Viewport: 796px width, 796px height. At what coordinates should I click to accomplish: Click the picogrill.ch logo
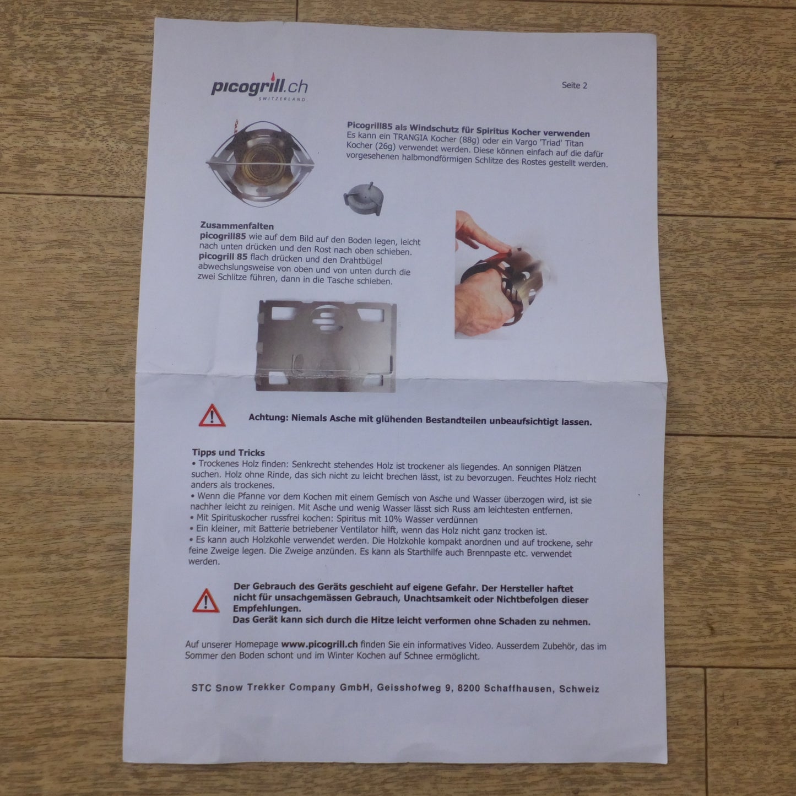tap(259, 87)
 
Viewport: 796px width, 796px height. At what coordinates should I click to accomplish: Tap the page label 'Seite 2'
tap(574, 85)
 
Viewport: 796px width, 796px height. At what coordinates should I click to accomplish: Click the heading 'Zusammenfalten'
tap(237, 226)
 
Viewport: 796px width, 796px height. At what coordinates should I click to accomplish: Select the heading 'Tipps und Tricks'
tap(228, 452)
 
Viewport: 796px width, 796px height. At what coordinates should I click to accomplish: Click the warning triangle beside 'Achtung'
tap(212, 415)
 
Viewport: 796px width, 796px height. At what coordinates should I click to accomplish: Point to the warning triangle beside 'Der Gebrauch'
tap(205, 600)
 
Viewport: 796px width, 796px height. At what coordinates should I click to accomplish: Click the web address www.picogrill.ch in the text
tap(320, 645)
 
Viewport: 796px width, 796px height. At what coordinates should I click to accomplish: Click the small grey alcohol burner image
tap(363, 198)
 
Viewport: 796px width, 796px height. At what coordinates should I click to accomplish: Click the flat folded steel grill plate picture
tap(326, 346)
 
